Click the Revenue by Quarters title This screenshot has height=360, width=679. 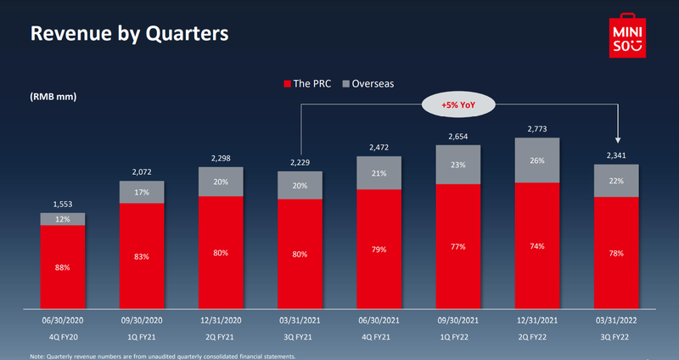129,35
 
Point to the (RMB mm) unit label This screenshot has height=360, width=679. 53,96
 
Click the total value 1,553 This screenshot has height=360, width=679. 63,203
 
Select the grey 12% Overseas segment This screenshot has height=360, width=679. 63,219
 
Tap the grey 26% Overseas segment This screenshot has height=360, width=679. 537,160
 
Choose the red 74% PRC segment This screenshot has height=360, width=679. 537,246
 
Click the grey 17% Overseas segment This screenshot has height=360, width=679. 142,192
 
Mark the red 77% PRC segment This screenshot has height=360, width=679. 458,247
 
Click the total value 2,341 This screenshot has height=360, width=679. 616,154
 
